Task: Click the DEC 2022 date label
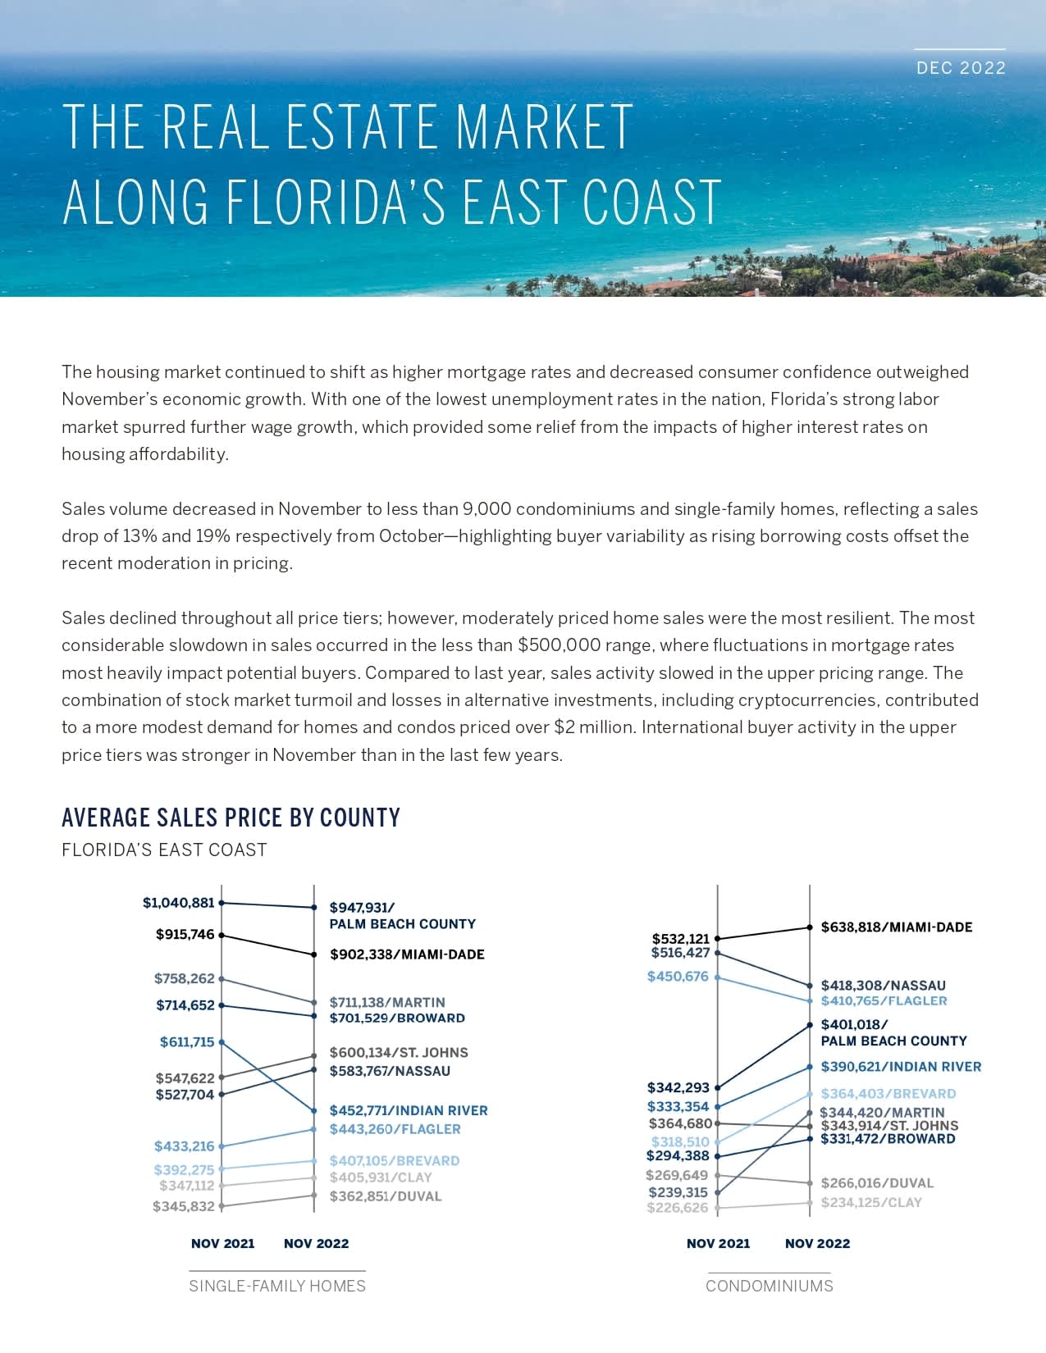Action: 961,68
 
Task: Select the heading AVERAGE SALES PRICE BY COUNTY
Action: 231,818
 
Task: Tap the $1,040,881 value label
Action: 178,903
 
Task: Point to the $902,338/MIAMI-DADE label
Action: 407,954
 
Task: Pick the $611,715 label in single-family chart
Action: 186,1042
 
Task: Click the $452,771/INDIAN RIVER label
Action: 409,1110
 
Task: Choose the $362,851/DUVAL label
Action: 386,1196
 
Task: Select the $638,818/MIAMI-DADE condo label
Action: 896,927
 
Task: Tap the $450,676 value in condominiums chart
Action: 678,977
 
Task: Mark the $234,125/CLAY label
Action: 871,1203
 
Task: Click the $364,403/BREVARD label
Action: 888,1094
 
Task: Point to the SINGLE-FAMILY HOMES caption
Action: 277,1286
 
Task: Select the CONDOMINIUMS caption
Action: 770,1286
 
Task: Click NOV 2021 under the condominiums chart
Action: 718,1244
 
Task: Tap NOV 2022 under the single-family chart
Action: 316,1244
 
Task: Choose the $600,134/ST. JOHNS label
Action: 399,1053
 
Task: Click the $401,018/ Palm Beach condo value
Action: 854,1025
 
